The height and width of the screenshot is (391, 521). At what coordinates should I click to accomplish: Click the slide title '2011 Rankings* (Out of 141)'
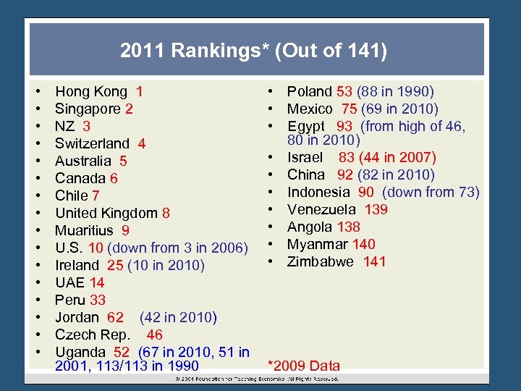pyautogui.click(x=254, y=51)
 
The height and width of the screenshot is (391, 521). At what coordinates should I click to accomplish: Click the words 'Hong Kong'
pyautogui.click(x=90, y=92)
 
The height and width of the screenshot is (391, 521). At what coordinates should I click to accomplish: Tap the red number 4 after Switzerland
pyautogui.click(x=142, y=144)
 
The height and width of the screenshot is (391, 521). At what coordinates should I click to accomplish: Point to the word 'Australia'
pyautogui.click(x=83, y=161)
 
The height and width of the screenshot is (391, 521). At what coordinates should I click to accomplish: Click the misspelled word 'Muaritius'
pyautogui.click(x=84, y=231)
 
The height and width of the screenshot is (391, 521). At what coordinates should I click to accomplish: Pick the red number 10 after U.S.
pyautogui.click(x=96, y=248)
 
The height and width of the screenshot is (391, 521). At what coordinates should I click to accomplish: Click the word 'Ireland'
pyautogui.click(x=77, y=266)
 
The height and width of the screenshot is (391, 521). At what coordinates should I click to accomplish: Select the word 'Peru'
pyautogui.click(x=70, y=300)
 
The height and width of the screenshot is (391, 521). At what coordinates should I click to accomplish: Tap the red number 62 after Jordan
pyautogui.click(x=115, y=318)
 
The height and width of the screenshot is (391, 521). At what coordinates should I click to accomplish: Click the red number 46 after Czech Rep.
pyautogui.click(x=154, y=335)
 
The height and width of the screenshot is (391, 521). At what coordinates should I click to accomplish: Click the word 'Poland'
pyautogui.click(x=309, y=92)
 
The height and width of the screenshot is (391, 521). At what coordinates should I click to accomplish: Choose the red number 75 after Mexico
pyautogui.click(x=349, y=109)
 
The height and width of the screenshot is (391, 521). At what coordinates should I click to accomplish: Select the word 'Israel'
pyautogui.click(x=305, y=158)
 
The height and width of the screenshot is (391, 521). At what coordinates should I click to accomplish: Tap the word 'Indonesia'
pyautogui.click(x=318, y=193)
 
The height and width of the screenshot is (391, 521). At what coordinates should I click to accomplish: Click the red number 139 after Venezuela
pyautogui.click(x=376, y=210)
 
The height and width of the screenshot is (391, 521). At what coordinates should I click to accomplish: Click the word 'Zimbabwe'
pyautogui.click(x=321, y=262)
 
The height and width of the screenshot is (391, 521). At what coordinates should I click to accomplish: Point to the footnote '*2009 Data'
pyautogui.click(x=304, y=366)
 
